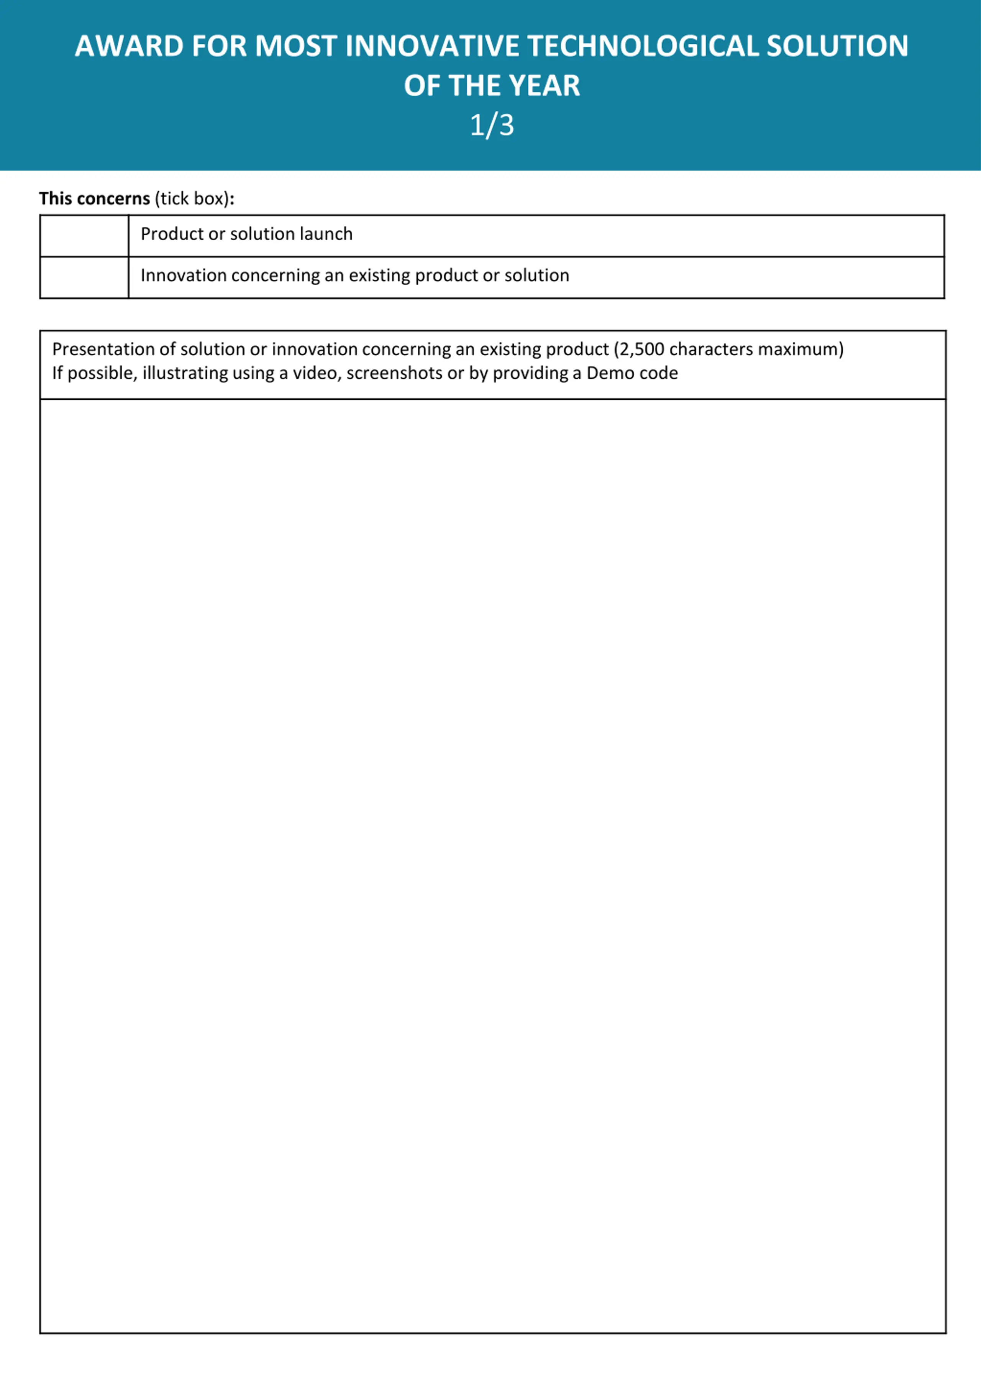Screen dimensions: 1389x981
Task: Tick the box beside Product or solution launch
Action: tap(84, 235)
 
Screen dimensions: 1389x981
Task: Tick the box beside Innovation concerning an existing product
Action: tap(84, 277)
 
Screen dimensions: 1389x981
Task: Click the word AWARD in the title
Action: tap(129, 47)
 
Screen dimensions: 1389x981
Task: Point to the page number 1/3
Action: tap(491, 125)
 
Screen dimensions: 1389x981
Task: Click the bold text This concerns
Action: tap(94, 199)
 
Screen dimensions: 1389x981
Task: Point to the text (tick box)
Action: tap(192, 199)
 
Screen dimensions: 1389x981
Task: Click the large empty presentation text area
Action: tap(492, 865)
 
